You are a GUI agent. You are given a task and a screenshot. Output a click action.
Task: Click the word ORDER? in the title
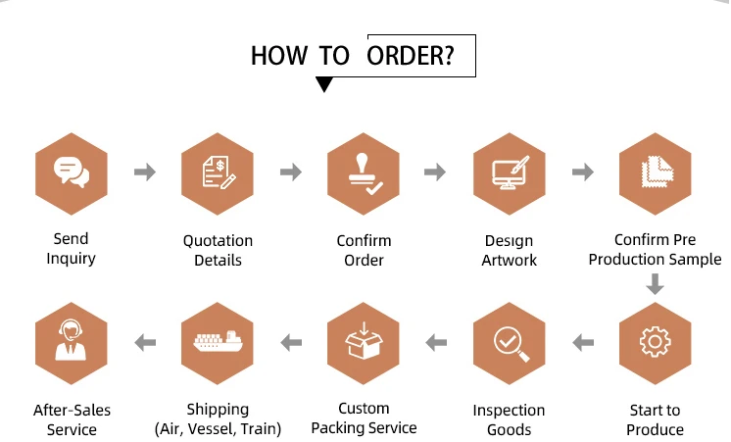411,55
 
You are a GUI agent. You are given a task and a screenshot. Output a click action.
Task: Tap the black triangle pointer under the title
324,85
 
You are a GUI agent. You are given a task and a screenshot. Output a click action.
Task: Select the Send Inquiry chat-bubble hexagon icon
71,172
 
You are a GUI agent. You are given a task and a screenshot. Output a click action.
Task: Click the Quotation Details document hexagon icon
218,172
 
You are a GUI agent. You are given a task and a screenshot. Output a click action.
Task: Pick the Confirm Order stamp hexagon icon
363,172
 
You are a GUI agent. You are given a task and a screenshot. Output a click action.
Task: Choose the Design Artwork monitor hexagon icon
509,172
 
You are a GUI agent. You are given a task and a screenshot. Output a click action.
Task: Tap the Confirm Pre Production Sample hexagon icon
655,172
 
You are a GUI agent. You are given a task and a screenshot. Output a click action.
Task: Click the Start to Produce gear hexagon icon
655,342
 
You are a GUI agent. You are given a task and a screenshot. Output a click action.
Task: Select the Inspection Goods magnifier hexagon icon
509,342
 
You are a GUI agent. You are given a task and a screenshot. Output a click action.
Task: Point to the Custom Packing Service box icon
363,342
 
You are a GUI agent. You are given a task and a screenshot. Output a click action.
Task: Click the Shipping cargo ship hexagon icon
218,342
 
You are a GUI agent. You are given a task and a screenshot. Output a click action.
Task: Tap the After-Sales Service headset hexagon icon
71,342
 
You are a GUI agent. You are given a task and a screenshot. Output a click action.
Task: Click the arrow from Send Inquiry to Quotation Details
144,172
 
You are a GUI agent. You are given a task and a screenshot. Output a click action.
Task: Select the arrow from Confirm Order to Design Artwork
435,172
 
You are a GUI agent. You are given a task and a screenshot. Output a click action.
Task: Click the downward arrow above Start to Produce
655,285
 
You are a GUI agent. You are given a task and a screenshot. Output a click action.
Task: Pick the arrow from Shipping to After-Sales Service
144,342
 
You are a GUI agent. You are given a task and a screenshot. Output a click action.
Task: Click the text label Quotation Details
218,250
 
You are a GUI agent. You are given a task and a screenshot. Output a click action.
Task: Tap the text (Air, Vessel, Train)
218,428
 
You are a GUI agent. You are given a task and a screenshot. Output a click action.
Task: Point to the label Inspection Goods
509,419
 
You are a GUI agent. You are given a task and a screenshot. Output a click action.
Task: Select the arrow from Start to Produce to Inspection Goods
583,342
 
